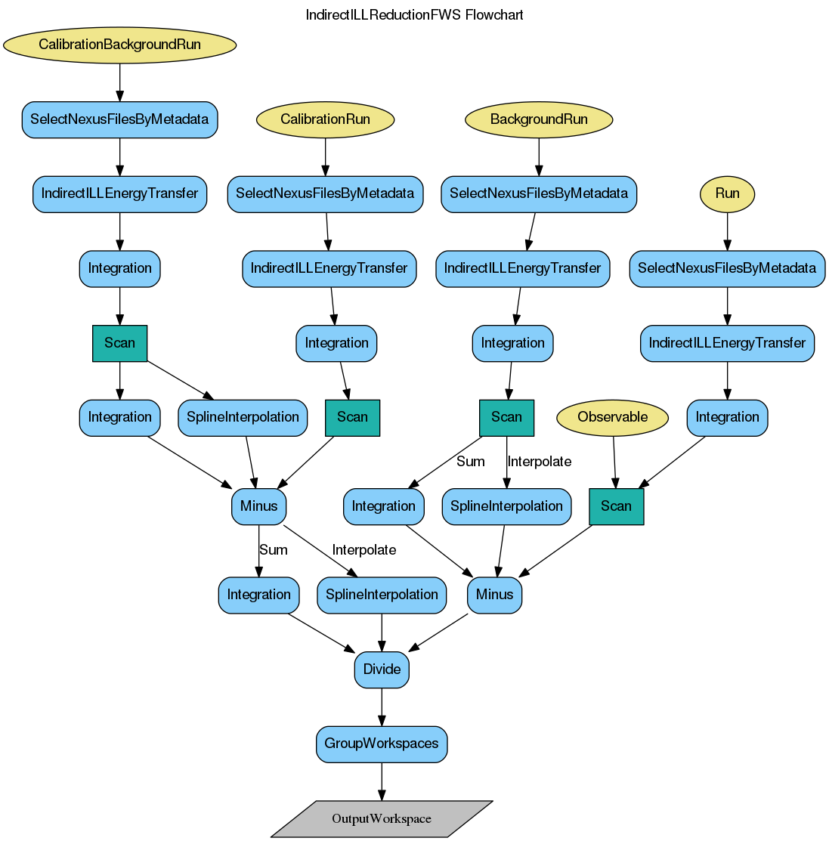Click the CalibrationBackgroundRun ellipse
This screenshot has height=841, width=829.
click(x=119, y=45)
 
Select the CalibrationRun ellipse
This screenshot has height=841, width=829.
click(x=325, y=119)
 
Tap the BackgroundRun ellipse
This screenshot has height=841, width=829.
click(x=538, y=119)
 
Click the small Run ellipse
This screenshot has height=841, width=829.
click(x=727, y=193)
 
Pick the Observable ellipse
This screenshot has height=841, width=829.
click(x=612, y=417)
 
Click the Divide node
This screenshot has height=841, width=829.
click(x=382, y=669)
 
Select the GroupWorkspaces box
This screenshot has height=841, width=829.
click(x=382, y=744)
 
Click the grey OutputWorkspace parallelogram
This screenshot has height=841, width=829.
click(x=382, y=819)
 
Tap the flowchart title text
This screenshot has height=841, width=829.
click(x=414, y=15)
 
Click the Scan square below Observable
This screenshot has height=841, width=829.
click(x=616, y=506)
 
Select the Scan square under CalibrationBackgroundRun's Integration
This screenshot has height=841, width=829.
click(x=119, y=343)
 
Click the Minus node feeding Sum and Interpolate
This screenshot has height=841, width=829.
click(x=258, y=506)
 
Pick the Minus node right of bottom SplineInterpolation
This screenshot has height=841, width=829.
click(x=494, y=595)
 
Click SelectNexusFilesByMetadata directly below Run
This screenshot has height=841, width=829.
click(x=727, y=268)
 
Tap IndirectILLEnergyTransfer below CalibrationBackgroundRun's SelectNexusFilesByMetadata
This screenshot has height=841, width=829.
click(x=119, y=193)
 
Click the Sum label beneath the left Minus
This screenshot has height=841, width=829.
click(x=273, y=550)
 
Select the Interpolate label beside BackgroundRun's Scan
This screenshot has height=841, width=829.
click(x=539, y=462)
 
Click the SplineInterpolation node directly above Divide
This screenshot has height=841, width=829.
click(x=382, y=595)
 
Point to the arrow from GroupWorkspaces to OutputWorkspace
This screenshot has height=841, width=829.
click(x=382, y=781)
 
